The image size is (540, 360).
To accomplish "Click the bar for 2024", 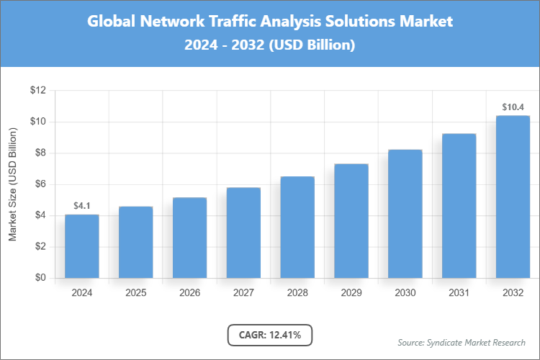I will click(81, 246).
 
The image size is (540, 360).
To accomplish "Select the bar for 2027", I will click(243, 233).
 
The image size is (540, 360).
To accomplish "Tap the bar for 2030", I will click(405, 214).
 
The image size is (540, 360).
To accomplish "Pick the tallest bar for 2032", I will click(513, 197).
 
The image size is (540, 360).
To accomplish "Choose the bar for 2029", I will click(351, 221).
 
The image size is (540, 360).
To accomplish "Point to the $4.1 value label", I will click(81, 206).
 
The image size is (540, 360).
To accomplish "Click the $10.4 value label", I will click(513, 107).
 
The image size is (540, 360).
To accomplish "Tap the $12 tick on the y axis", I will click(37, 91).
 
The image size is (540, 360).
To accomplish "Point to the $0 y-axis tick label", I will click(40, 278).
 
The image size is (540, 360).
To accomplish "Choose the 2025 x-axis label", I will click(135, 293).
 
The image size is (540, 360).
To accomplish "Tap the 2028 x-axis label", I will click(297, 293).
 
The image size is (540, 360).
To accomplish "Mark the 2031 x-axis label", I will click(459, 293).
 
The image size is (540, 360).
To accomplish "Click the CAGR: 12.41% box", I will click(270, 334).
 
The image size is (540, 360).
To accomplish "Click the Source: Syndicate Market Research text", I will click(462, 342).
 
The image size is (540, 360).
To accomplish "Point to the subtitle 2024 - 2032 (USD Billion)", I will click(270, 45).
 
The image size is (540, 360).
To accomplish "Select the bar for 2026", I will click(189, 238).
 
